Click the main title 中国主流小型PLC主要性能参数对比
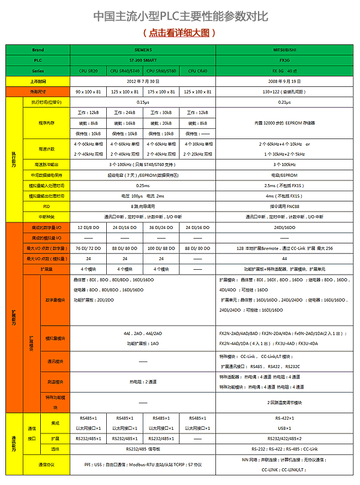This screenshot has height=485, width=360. (180, 17)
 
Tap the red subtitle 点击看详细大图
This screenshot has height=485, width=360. (179, 33)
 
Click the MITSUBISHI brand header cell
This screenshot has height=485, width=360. (285, 50)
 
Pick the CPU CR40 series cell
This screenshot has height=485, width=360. (197, 70)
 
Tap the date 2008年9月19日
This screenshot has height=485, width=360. (285, 80)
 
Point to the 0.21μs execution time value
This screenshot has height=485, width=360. (285, 103)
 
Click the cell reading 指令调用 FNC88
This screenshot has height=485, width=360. (285, 206)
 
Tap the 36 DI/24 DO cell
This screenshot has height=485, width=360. (161, 228)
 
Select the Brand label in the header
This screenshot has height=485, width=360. (38, 50)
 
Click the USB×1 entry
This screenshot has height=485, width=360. (285, 428)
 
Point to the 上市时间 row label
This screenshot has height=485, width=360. (38, 80)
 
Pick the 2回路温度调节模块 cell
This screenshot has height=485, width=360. (285, 402)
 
